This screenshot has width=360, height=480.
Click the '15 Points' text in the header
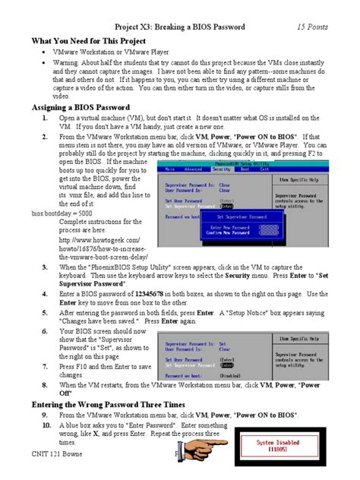tap(311, 27)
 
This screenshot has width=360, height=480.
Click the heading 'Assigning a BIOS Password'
tap(81, 107)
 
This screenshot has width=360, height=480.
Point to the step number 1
tap(46, 119)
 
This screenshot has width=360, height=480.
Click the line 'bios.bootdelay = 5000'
tap(62, 214)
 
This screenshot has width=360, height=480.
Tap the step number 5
tap(46, 311)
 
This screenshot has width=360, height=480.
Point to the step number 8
tap(46, 385)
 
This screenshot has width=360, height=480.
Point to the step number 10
tap(45, 427)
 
